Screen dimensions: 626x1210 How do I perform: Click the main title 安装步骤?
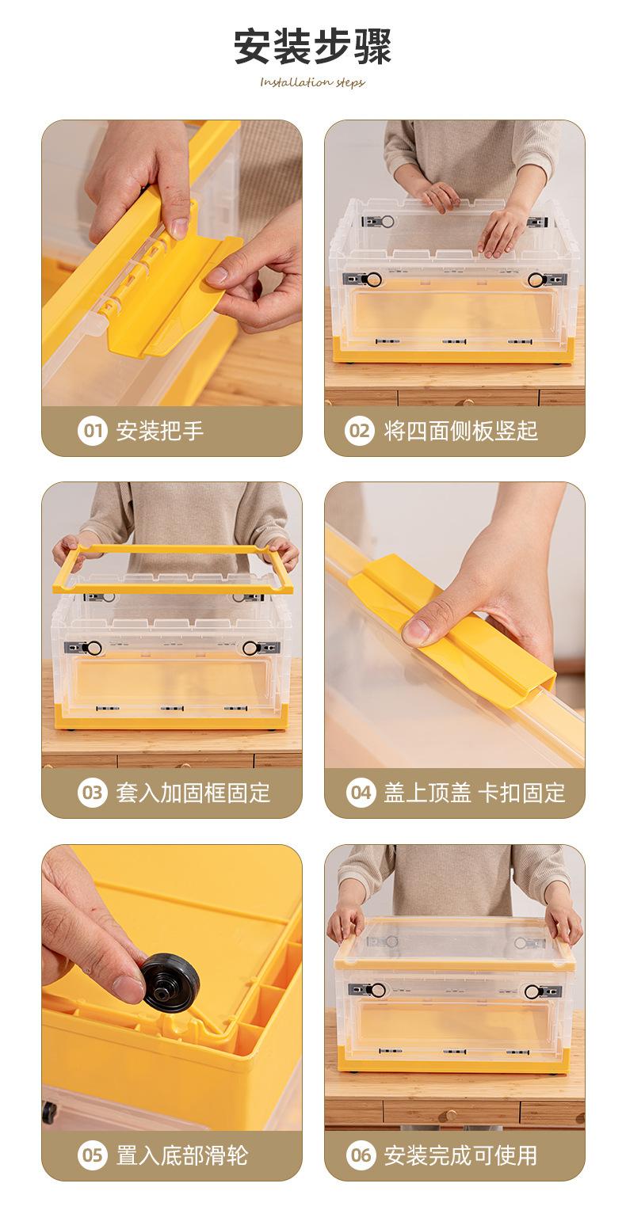click(312, 47)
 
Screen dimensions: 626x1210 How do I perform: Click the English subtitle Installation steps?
click(312, 82)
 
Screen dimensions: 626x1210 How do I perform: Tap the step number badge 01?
click(93, 431)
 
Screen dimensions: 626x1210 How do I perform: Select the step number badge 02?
click(360, 431)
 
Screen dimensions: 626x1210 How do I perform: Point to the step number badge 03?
click(93, 793)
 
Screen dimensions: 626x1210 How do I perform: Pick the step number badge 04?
click(361, 793)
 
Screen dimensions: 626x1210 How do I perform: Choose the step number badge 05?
click(93, 1155)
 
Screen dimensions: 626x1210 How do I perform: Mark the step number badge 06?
click(361, 1155)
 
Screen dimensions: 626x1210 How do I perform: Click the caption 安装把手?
click(160, 431)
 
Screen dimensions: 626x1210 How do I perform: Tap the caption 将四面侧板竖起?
click(460, 431)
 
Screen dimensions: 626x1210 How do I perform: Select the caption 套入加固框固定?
click(193, 793)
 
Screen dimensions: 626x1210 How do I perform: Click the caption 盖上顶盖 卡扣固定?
click(474, 793)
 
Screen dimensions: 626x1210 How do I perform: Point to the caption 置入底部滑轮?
click(182, 1155)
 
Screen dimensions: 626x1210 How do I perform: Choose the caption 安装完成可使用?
click(460, 1155)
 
